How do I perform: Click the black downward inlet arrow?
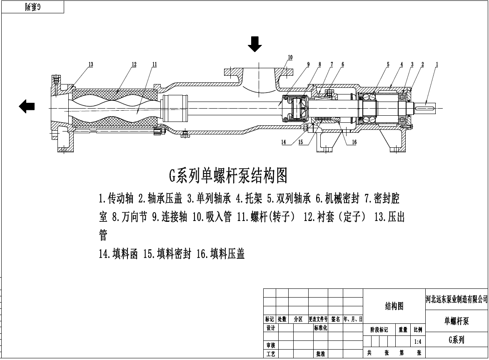pos(254,44)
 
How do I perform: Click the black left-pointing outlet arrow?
pos(27,107)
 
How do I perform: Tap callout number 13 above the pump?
pos(90,65)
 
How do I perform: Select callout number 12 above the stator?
pos(134,65)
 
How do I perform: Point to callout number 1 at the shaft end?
pos(437,65)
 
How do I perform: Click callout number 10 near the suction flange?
pos(290,57)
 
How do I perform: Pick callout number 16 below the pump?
pos(354,142)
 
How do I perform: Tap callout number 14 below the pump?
pos(284,142)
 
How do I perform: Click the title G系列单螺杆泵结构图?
pos(228,176)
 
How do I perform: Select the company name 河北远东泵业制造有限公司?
pos(457,299)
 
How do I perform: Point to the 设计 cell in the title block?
pos(271,328)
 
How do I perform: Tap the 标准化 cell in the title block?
pos(320,328)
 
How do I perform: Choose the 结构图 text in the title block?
pos(394,306)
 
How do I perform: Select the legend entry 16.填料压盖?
pos(220,254)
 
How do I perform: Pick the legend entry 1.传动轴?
pos(116,199)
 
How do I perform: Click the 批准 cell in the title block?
pos(320,354)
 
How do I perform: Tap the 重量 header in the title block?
pos(403,330)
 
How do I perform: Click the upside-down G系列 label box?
pos(32,7)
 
